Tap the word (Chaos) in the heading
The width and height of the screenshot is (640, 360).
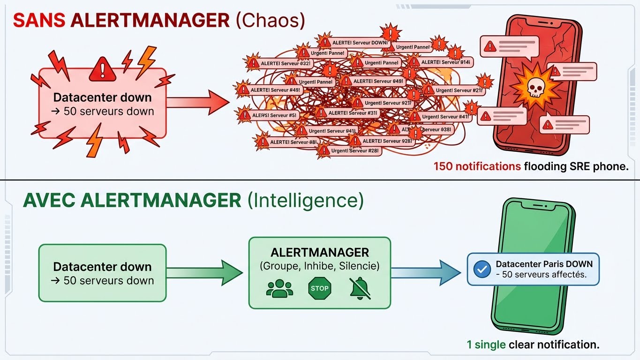click(271, 21)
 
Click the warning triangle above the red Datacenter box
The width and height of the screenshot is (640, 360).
click(102, 69)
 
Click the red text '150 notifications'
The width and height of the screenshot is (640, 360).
click(477, 166)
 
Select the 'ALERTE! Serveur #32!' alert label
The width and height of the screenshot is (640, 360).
click(285, 63)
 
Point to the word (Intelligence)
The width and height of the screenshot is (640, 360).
click(305, 201)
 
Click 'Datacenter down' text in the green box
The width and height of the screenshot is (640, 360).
click(102, 267)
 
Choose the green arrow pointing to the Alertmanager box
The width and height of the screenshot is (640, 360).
click(205, 273)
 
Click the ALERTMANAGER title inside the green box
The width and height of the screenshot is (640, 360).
click(320, 253)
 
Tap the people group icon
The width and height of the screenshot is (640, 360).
click(279, 288)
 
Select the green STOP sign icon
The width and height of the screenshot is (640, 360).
click(320, 288)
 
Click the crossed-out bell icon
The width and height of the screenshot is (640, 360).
click(360, 288)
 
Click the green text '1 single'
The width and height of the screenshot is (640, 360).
click(486, 345)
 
